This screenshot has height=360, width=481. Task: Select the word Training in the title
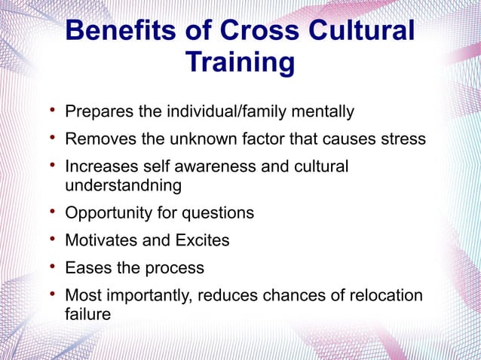(x=239, y=63)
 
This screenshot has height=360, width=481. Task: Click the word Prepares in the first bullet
(x=97, y=113)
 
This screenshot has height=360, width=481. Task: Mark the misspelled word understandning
(x=124, y=185)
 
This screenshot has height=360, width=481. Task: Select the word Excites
(x=202, y=241)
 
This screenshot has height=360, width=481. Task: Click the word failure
(x=87, y=314)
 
